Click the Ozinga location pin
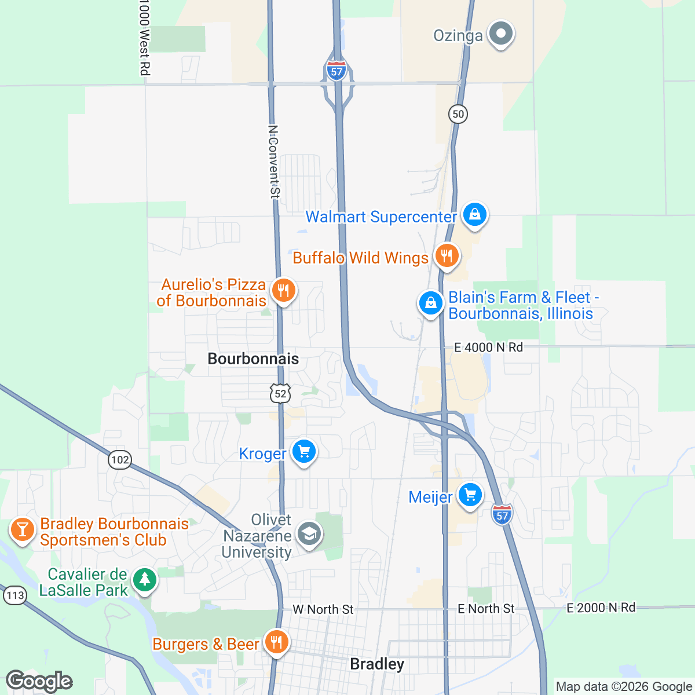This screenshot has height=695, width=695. coord(500,34)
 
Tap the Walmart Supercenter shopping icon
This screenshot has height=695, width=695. coord(474,215)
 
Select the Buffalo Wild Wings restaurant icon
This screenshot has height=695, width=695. coord(446,255)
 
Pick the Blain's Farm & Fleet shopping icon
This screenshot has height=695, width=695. coord(431,303)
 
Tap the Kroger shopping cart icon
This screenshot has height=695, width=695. coord(303,451)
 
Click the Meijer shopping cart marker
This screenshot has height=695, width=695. coord(470,495)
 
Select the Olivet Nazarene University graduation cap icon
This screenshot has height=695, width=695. coord(309,533)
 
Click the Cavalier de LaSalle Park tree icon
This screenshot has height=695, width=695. coord(144,580)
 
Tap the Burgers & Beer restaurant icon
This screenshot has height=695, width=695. coord(277,642)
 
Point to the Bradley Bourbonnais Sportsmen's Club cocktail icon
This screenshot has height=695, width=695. coord(23,529)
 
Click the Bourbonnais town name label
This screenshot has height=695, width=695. coord(253,359)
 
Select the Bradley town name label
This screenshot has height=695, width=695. coord(377,664)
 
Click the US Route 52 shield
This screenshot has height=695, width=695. coord(280,394)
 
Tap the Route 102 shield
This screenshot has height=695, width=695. coord(120,460)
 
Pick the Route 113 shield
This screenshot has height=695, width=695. coord(14,595)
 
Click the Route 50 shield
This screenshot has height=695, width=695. coord(458,114)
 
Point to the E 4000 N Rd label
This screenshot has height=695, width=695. coord(488,348)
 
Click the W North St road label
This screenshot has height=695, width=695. coord(323,609)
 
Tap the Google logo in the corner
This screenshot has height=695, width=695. coord(39,681)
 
